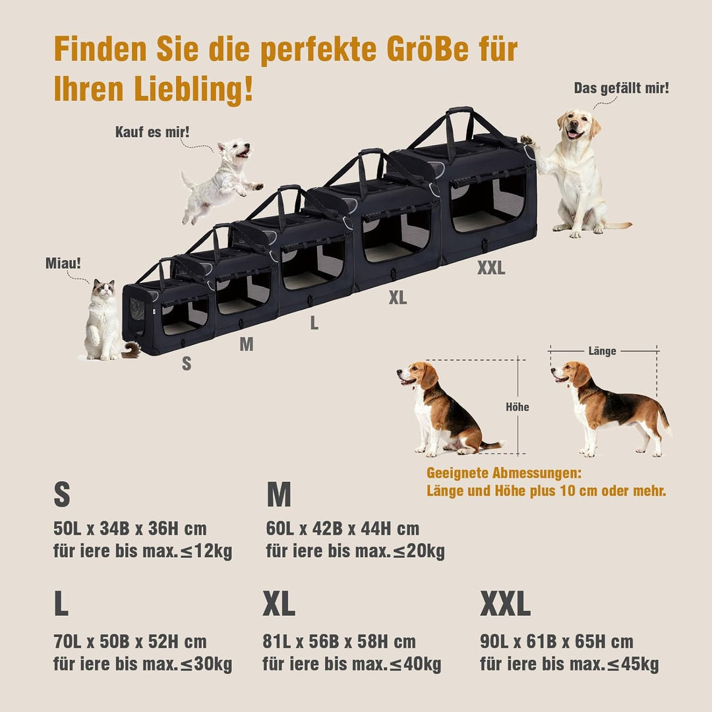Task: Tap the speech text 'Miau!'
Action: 63,263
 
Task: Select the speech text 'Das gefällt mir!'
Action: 621,88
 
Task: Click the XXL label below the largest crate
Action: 491,268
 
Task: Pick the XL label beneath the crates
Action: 398,298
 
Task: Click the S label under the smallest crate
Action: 187,363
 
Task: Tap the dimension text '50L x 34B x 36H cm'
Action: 130,529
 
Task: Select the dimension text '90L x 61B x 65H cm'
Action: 556,642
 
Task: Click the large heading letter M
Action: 278,495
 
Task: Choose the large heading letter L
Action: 61,604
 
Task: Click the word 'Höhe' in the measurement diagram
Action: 517,407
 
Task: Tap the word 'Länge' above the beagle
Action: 602,351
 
